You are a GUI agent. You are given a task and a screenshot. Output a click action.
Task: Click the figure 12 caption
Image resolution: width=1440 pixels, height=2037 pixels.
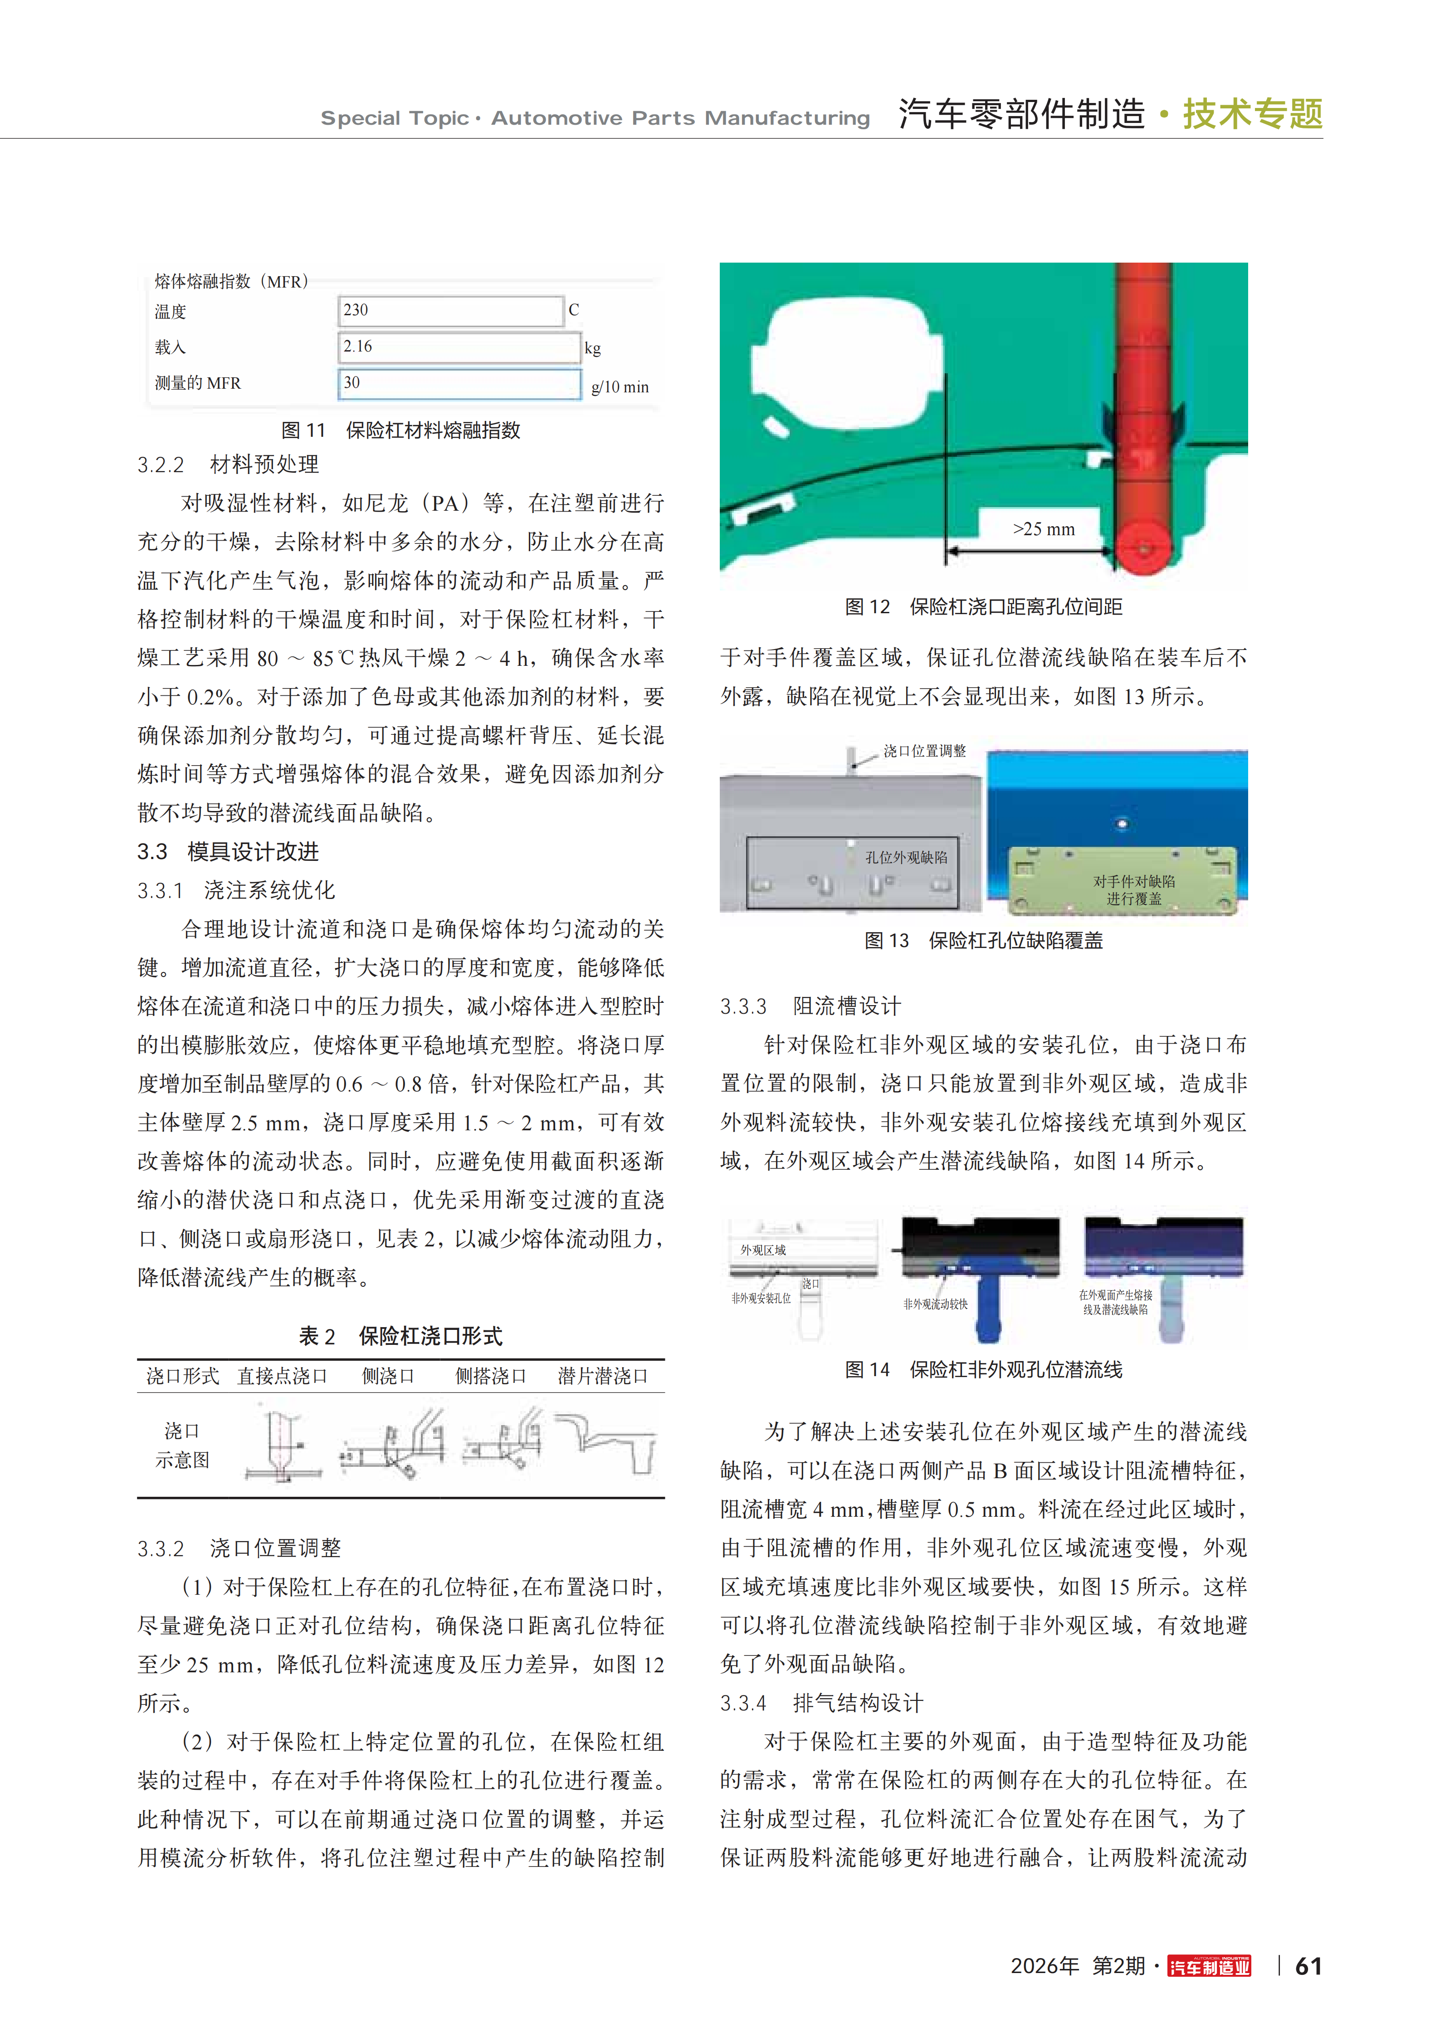tap(983, 607)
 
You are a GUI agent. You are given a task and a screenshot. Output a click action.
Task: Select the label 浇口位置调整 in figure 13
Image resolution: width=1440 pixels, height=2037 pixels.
tap(923, 751)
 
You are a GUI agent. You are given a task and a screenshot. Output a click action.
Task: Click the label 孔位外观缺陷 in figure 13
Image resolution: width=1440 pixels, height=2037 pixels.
tap(906, 857)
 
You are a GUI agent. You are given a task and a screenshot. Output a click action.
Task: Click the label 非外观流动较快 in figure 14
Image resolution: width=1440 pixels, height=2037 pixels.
tap(935, 1304)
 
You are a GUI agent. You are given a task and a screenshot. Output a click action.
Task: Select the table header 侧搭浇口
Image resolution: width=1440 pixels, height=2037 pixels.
tap(491, 1376)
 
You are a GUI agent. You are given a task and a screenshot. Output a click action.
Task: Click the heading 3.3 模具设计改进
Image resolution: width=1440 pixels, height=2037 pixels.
tap(228, 852)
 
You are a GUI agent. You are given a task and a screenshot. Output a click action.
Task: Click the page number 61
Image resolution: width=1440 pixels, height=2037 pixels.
tap(1308, 1966)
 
